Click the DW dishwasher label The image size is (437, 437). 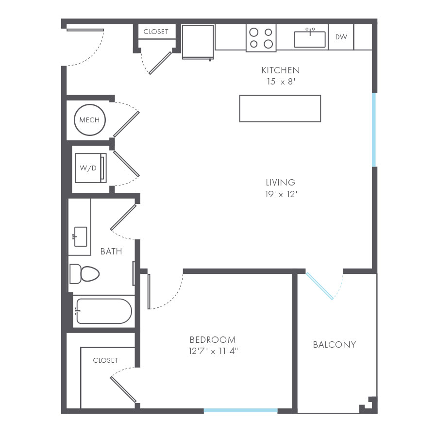click(341, 37)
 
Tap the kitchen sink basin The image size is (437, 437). click(309, 39)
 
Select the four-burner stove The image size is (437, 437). click(261, 38)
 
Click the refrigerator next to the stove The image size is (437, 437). click(198, 41)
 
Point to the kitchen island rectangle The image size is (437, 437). click(280, 108)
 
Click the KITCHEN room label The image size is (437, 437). click(280, 70)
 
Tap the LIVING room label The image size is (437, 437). click(280, 183)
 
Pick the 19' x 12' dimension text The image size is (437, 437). click(280, 194)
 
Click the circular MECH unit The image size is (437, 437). click(90, 120)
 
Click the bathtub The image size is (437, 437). click(103, 311)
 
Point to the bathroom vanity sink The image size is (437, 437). click(79, 236)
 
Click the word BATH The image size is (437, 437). click(111, 252)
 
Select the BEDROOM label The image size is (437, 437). click(213, 340)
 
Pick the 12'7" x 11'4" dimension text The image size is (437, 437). click(213, 351)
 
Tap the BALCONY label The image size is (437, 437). click(334, 345)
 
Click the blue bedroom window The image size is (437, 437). click(240, 411)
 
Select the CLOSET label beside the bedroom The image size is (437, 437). click(105, 360)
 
